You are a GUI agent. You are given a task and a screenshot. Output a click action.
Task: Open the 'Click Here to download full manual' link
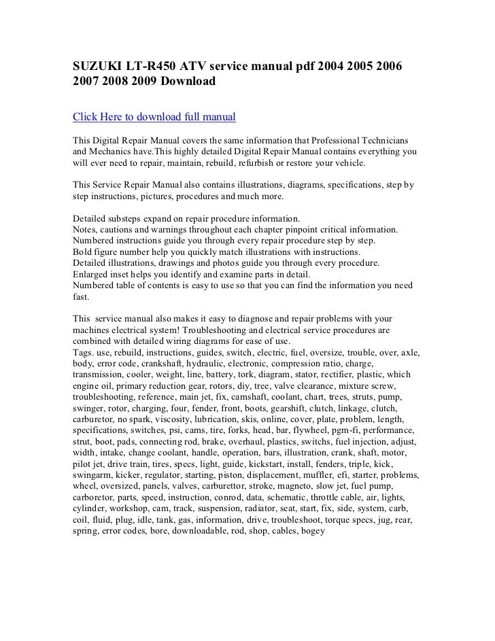pyautogui.click(x=154, y=116)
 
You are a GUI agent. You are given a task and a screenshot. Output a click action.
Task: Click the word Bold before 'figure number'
pyautogui.click(x=84, y=252)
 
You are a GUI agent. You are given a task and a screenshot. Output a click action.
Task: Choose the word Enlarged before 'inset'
pyautogui.click(x=92, y=274)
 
